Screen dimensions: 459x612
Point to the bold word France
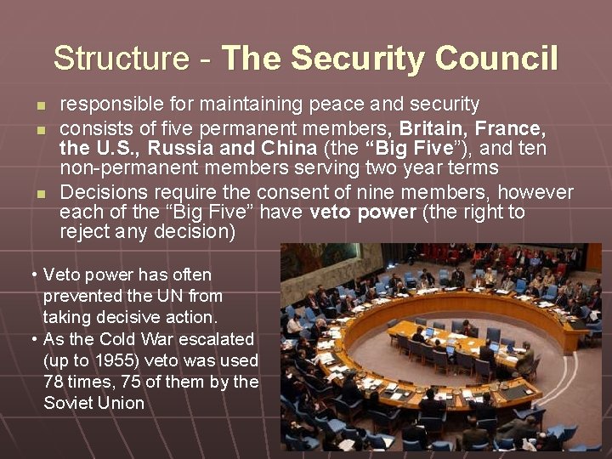point(511,128)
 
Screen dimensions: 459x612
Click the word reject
point(84,231)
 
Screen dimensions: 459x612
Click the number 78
point(54,382)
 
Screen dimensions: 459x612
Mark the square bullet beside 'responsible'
point(40,106)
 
